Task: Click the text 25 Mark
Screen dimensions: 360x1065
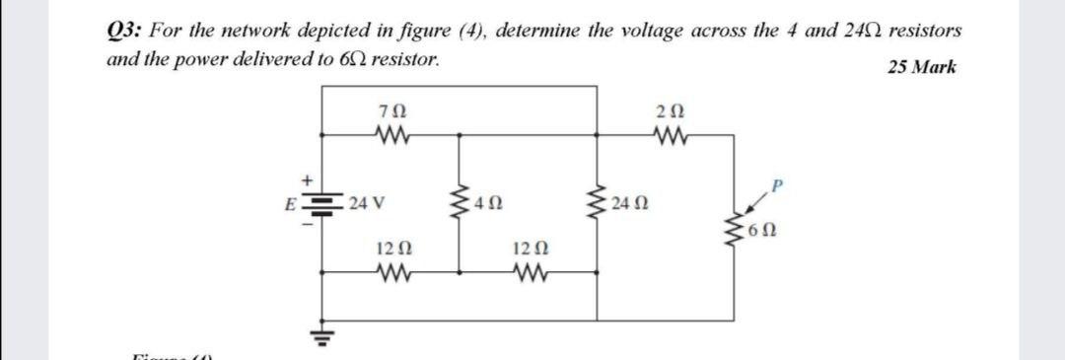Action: (920, 68)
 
